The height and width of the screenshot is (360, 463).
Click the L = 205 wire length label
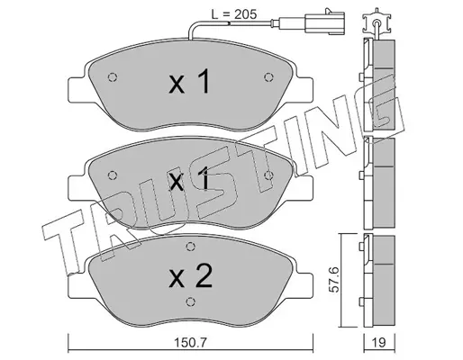(234, 14)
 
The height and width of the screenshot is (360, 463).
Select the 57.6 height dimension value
(334, 280)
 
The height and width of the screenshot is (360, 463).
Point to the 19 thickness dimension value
(379, 343)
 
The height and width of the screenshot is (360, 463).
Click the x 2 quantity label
(191, 276)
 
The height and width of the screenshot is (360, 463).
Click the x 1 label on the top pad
(189, 81)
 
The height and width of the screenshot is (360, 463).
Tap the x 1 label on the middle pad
(189, 179)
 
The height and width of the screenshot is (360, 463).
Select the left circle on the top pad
(113, 77)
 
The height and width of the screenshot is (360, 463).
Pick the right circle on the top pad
(268, 77)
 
